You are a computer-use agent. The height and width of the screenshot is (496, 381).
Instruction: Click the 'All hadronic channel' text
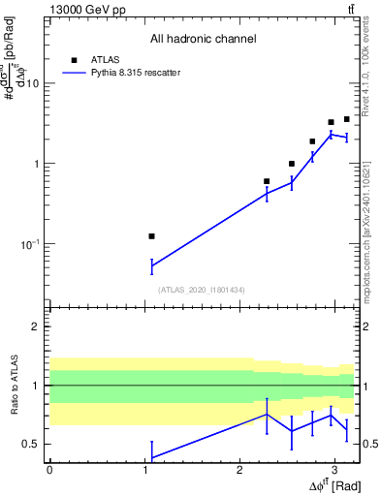203,40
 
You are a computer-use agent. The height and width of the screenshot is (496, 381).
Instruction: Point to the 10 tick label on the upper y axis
32,83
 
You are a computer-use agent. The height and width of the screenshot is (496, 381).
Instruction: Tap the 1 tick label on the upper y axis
36,164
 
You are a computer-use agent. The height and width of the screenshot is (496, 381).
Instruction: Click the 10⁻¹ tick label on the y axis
29,244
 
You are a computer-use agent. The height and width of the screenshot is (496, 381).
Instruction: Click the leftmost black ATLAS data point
151,236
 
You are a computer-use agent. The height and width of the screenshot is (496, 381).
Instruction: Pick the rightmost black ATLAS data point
346,119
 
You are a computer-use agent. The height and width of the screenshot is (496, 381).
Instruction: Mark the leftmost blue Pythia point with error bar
151,265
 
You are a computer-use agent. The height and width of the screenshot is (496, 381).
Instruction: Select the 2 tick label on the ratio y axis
36,326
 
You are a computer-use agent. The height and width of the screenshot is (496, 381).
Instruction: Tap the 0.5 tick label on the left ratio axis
32,445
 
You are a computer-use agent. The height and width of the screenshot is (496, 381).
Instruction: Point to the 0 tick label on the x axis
49,469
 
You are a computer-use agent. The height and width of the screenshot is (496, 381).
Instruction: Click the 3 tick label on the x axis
334,469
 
